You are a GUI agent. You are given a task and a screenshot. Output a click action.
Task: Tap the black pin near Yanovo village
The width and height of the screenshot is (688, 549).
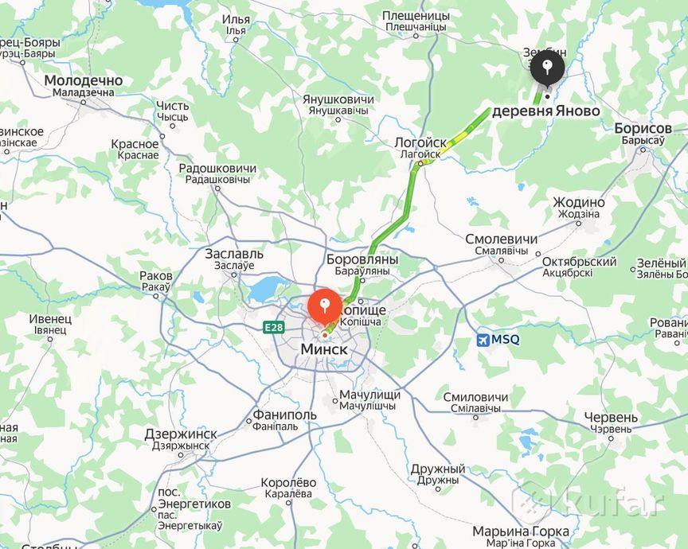coord(548,68)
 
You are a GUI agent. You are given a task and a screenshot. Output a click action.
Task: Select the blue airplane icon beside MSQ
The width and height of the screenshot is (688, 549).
coord(482,340)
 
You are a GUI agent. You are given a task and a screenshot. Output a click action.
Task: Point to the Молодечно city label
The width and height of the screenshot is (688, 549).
coord(84,80)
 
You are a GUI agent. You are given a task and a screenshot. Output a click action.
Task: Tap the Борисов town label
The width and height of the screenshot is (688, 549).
coord(643,128)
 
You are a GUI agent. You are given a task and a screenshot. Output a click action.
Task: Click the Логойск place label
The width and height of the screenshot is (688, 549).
coord(420,142)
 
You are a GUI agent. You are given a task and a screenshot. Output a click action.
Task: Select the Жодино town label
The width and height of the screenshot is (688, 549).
coord(579,202)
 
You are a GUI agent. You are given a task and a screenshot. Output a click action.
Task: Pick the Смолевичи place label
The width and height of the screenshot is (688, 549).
coord(501,239)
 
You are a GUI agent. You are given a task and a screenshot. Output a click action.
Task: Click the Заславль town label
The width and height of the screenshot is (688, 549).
coord(229,254)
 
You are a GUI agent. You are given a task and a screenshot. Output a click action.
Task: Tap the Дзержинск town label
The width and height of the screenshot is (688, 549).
coord(181,434)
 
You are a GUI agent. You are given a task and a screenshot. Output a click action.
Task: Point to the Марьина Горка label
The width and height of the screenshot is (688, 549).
coord(521,531)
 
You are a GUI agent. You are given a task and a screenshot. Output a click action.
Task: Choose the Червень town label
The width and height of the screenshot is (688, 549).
coord(611,417)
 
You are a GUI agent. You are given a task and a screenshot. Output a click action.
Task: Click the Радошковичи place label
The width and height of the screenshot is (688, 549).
coord(217,169)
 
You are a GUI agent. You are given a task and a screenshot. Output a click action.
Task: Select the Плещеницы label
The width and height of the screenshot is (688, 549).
coord(416,16)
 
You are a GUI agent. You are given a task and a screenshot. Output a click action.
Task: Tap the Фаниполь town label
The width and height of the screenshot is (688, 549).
coord(285,415)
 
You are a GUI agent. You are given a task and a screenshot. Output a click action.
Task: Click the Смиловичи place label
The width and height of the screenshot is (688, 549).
coord(475,397)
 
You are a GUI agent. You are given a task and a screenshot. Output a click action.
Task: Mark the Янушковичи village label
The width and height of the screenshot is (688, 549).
coord(338,99)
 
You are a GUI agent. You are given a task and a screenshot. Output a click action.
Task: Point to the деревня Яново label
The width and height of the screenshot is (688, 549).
coord(545,111)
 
